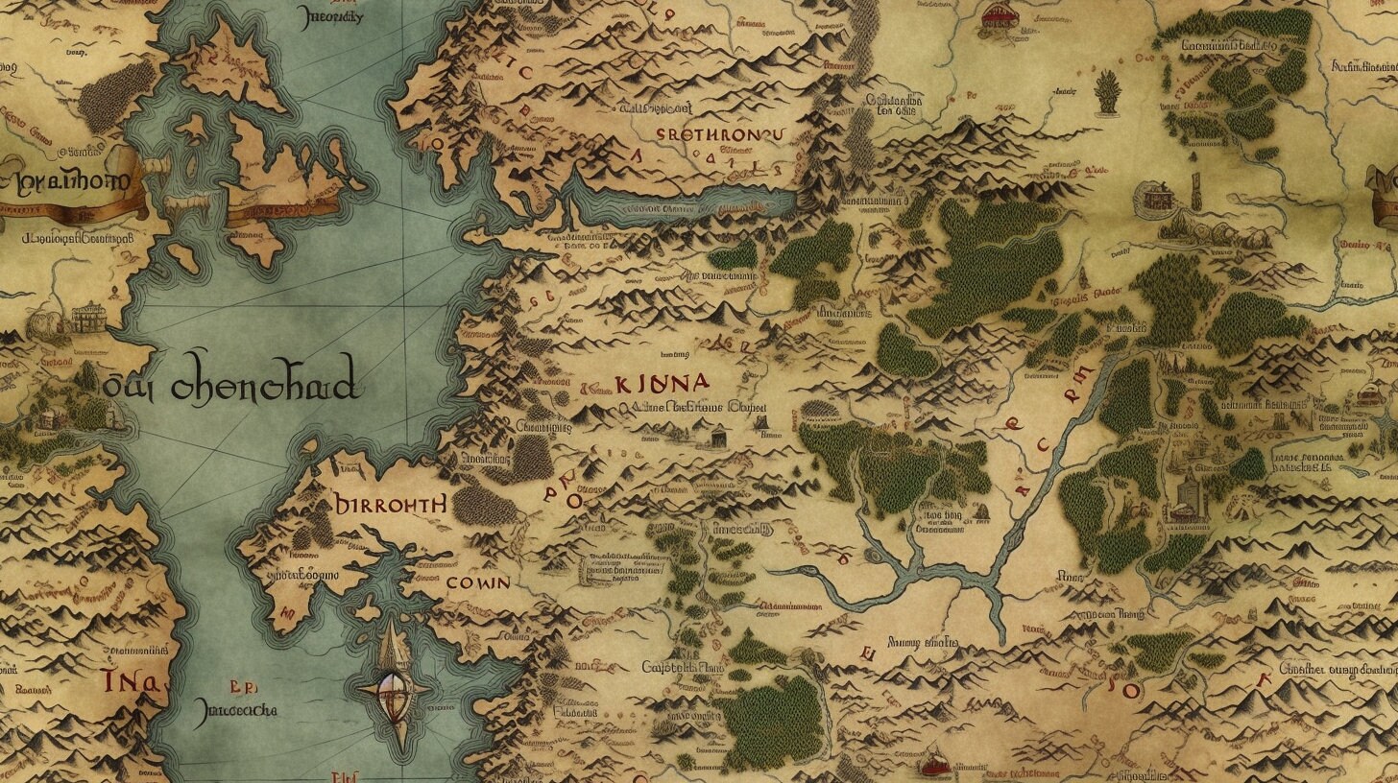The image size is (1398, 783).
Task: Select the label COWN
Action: coord(478,581)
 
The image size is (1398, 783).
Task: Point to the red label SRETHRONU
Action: coord(720,133)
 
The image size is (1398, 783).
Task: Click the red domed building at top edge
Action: coord(999,14)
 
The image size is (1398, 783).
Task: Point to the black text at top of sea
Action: coord(328,16)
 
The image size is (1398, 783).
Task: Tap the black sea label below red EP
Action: coord(236,710)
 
